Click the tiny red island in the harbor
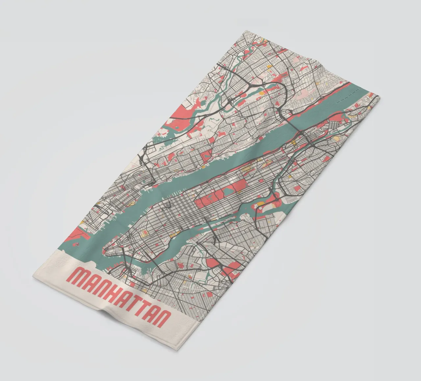77,244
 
